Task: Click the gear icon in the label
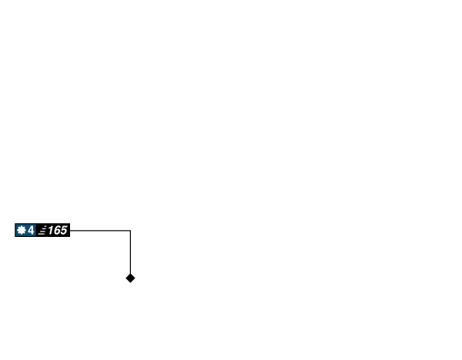click(x=22, y=230)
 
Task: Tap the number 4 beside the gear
click(x=31, y=230)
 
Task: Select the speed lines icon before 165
click(x=42, y=230)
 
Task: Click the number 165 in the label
click(x=57, y=230)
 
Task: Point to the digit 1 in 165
click(x=51, y=230)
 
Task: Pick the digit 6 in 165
click(x=57, y=230)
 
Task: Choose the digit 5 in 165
click(x=63, y=230)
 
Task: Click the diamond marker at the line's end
click(x=130, y=278)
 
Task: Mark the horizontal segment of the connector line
click(x=100, y=230)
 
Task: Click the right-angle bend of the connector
click(x=130, y=230)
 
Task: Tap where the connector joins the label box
click(x=72, y=230)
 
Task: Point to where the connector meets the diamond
click(x=130, y=272)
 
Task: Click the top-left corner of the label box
click(x=14, y=222)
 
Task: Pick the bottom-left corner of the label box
click(x=14, y=238)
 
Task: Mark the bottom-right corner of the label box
click(x=71, y=238)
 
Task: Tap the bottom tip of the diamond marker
click(x=130, y=284)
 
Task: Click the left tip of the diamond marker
click(x=124, y=278)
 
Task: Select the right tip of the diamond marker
click(x=136, y=278)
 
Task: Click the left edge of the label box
click(x=14, y=230)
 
